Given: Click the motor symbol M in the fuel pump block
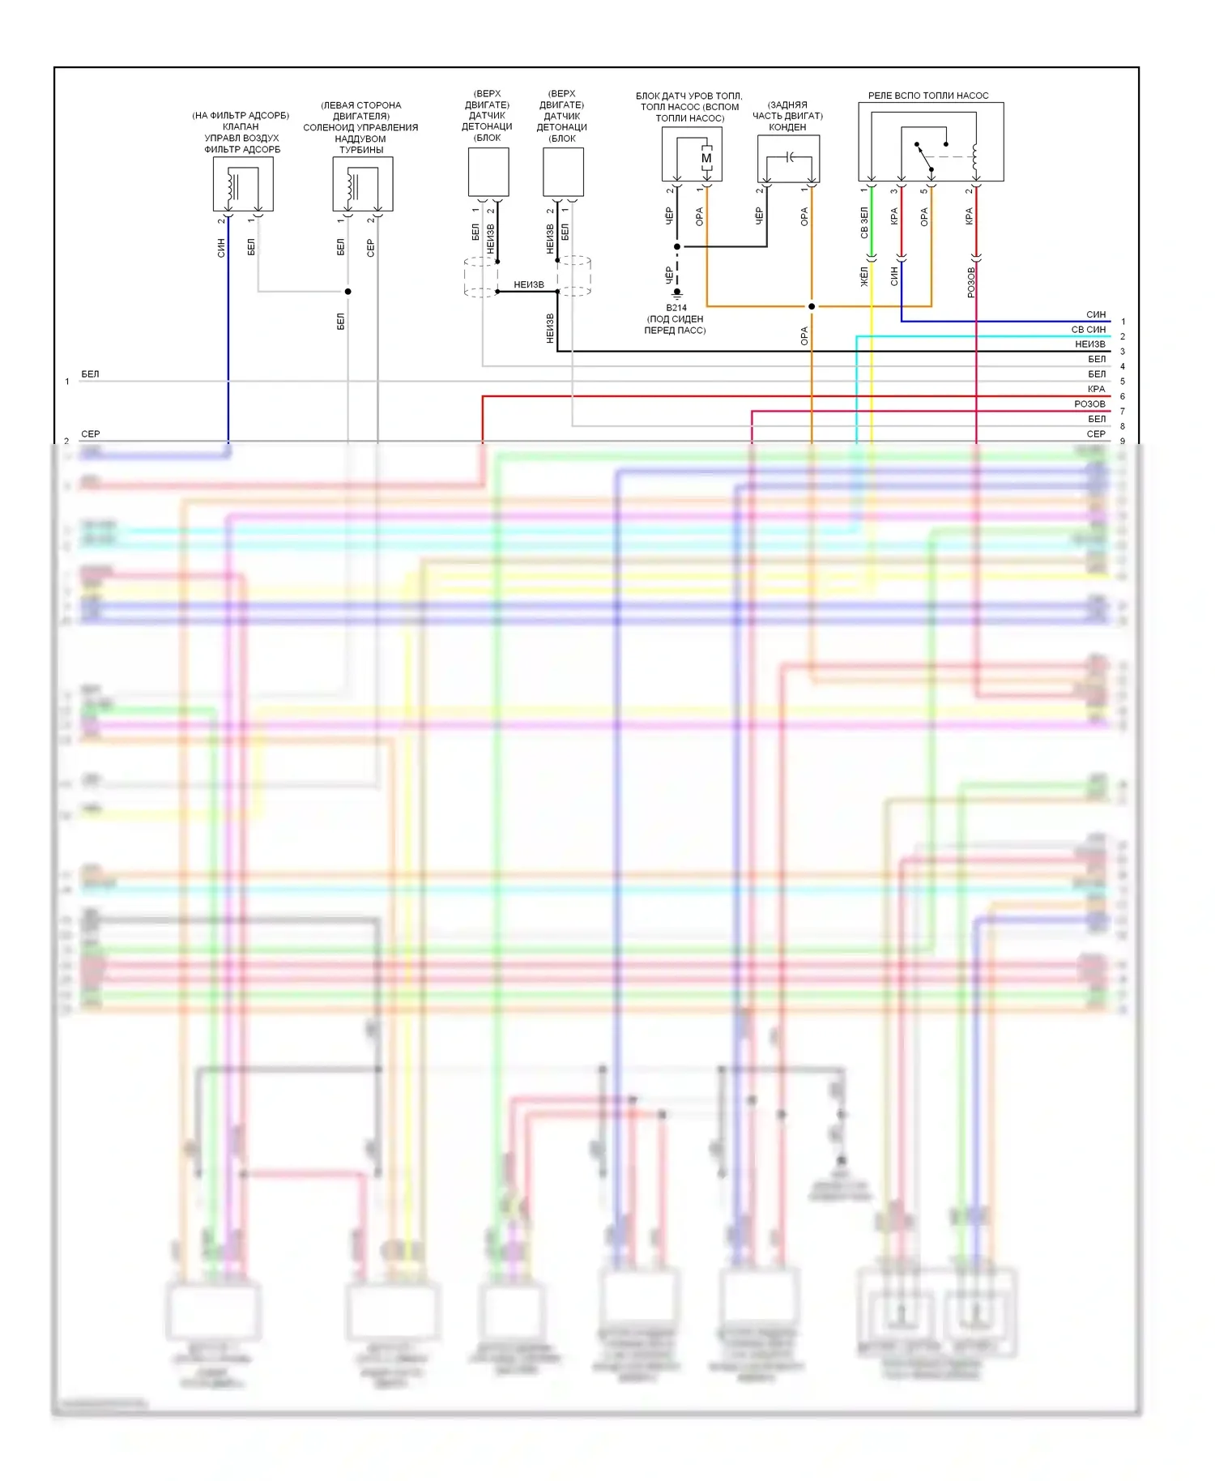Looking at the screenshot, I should tap(706, 158).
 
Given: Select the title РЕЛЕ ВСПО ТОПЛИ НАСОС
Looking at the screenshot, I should tap(928, 96).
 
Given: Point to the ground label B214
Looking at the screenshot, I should tap(676, 308).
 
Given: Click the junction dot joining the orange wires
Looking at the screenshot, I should tap(812, 306).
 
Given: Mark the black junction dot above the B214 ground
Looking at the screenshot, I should tap(677, 246).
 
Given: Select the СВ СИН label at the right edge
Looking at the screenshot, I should tap(1088, 330).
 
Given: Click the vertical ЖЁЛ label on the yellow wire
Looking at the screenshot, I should tap(864, 276).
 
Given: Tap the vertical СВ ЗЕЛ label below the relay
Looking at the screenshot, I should tap(864, 222).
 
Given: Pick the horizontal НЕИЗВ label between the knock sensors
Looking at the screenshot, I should tap(529, 284).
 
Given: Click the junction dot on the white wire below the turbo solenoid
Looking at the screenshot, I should tap(347, 291).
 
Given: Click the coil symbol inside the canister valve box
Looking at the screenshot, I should tap(232, 186).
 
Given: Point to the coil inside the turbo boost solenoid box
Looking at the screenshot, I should tap(352, 186).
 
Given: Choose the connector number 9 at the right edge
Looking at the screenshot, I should tap(1123, 442).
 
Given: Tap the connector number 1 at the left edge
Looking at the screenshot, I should tap(67, 382).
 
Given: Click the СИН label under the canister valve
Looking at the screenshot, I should tap(221, 248).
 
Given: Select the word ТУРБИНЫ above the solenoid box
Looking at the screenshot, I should tap(361, 150).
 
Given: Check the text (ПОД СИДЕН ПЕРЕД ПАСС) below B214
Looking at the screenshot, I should tap(676, 325).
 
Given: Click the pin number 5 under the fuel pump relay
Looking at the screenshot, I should tap(923, 191).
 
